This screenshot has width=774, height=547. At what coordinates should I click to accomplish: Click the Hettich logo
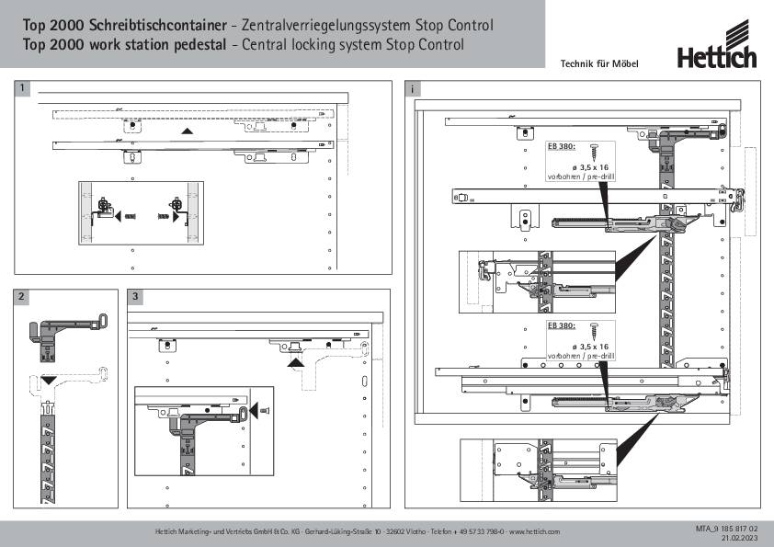click(x=717, y=57)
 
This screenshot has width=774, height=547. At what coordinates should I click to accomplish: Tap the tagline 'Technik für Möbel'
click(x=598, y=63)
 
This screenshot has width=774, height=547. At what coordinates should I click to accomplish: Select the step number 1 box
click(x=22, y=88)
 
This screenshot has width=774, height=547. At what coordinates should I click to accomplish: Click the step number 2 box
click(x=22, y=297)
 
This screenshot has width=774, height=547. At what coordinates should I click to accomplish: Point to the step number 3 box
click(x=136, y=297)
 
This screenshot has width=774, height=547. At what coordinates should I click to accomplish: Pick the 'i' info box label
click(x=415, y=88)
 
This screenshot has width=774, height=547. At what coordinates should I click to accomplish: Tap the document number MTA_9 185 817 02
click(x=726, y=529)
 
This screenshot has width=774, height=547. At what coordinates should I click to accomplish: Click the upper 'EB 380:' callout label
click(x=561, y=145)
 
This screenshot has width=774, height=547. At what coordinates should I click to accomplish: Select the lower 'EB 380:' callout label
click(x=561, y=325)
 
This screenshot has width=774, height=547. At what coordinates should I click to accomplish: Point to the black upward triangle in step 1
click(x=188, y=132)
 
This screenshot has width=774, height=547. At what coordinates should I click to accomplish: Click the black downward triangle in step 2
click(x=49, y=378)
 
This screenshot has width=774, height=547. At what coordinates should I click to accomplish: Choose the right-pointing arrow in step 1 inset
click(x=176, y=217)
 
